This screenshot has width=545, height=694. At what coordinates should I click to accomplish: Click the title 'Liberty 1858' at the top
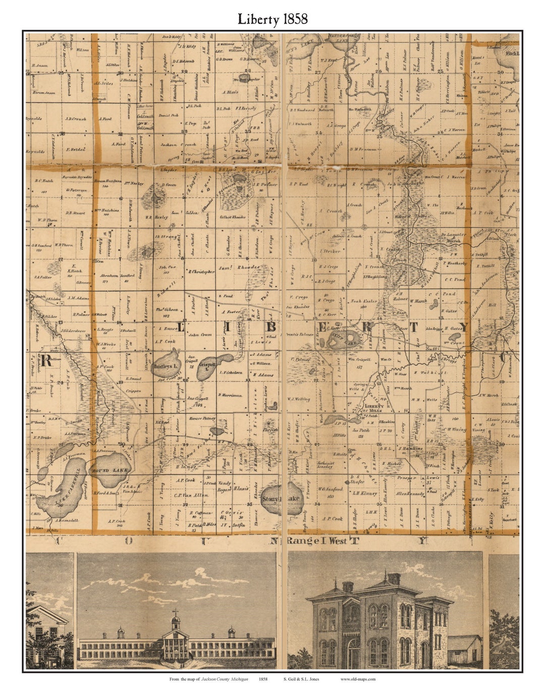click(272, 19)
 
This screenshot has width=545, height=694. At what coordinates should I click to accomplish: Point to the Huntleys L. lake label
click(166, 366)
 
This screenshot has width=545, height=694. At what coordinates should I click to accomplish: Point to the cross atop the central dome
click(176, 613)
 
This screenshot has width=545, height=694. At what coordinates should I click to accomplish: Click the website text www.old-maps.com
click(358, 679)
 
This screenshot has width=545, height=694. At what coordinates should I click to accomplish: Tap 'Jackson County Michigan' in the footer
click(225, 679)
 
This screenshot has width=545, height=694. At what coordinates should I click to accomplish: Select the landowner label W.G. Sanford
click(331, 489)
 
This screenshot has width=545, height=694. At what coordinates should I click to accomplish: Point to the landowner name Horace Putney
click(202, 418)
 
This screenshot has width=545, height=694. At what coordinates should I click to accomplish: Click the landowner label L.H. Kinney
click(365, 493)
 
